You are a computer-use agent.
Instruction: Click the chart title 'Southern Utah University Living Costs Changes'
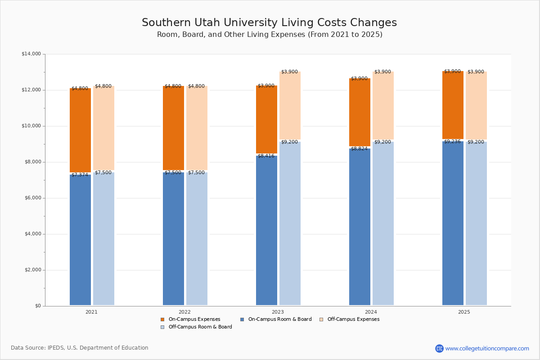(269, 22)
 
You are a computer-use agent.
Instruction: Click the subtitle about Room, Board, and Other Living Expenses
(269, 35)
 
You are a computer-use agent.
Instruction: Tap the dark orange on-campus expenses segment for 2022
(173, 128)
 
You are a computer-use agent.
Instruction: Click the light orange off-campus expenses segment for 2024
(383, 106)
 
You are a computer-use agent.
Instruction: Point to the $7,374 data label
(80, 175)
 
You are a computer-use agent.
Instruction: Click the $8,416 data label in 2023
(266, 156)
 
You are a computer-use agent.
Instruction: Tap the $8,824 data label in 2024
(359, 149)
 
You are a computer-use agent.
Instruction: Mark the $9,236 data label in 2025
(452, 142)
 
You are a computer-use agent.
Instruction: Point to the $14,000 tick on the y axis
(31, 54)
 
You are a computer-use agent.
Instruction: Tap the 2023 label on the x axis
(278, 312)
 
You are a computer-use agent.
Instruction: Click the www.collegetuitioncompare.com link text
(487, 348)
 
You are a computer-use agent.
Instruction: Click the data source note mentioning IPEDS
(80, 348)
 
